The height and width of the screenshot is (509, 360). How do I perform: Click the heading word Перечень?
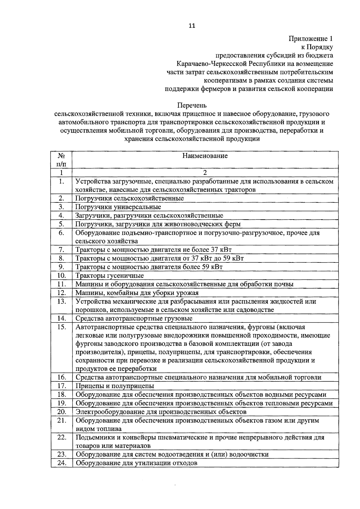(192, 106)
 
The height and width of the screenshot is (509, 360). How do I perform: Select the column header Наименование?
(205, 156)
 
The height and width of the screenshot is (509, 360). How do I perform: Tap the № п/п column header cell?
(61, 160)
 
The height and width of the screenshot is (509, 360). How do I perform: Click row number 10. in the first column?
(61, 275)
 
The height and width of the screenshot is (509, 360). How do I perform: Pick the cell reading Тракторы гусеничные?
(109, 275)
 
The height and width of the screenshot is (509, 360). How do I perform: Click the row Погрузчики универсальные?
(118, 207)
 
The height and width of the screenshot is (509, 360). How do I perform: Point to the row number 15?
(61, 327)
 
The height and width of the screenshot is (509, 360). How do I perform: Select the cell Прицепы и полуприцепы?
(115, 386)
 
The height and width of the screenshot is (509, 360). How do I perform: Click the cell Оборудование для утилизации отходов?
(136, 471)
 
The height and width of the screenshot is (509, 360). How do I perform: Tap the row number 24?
(61, 471)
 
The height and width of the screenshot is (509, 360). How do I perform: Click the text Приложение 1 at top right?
(310, 39)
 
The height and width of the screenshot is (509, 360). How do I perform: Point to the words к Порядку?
(317, 47)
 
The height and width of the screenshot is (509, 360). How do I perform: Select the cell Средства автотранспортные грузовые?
(134, 318)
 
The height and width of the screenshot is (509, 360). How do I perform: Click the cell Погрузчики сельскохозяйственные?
(130, 198)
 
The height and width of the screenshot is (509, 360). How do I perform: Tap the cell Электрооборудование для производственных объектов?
(161, 412)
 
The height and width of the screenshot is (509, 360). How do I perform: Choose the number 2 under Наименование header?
(205, 173)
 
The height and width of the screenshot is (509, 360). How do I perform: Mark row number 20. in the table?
(61, 412)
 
